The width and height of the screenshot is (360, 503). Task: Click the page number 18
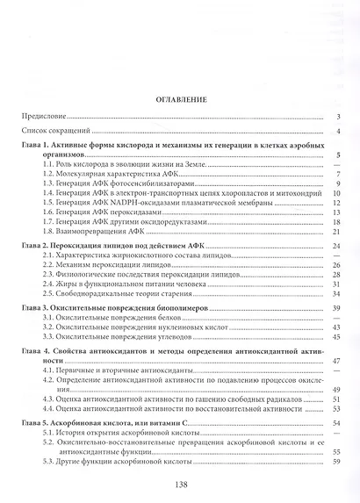coord(336,222)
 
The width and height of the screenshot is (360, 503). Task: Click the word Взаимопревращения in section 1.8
coord(93,232)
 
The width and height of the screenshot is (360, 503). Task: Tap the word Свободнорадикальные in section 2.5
coord(98,293)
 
